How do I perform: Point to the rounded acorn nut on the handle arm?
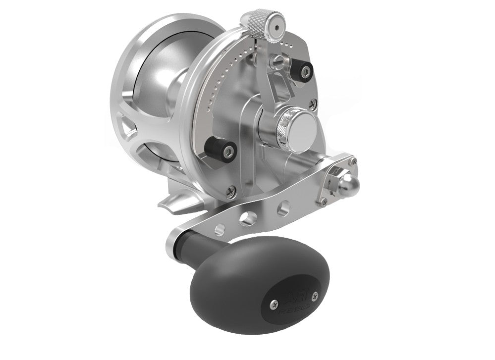(345, 183)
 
